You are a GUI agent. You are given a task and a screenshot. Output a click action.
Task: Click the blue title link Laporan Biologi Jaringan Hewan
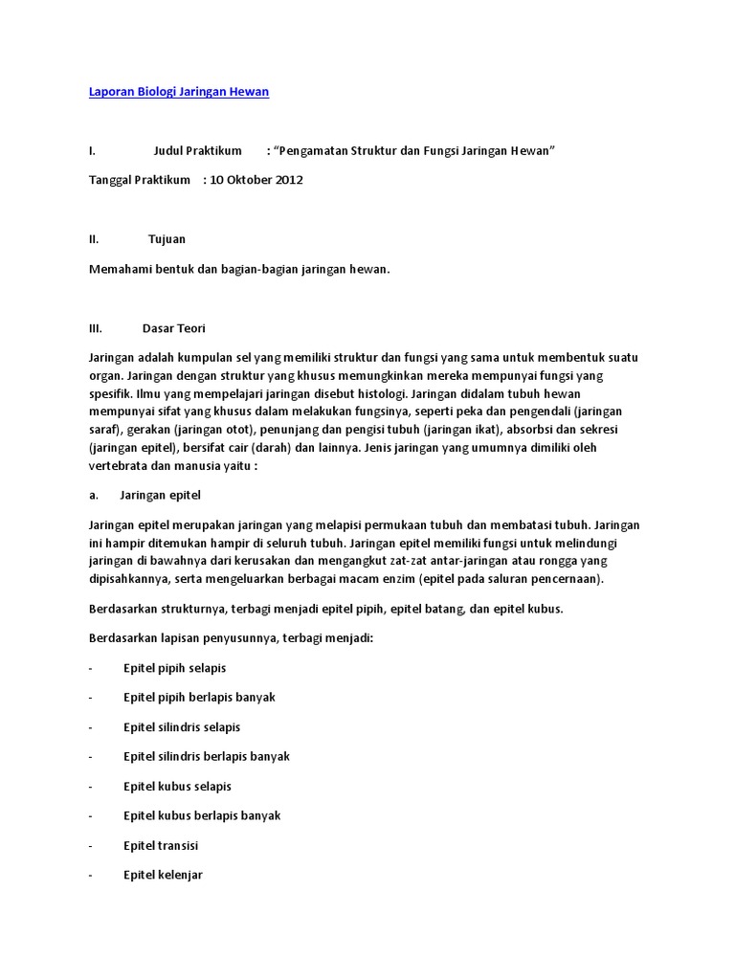pyautogui.click(x=179, y=92)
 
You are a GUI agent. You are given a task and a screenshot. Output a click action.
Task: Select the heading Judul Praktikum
pyautogui.click(x=198, y=151)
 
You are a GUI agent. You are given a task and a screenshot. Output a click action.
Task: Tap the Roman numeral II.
pyautogui.click(x=94, y=239)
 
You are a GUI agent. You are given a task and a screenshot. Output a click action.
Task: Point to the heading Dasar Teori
pyautogui.click(x=174, y=327)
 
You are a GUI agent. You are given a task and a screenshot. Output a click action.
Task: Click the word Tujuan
pyautogui.click(x=167, y=239)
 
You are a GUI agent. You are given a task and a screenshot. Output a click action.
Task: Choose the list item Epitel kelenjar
pyautogui.click(x=163, y=876)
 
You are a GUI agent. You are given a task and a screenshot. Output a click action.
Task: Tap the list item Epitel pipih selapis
pyautogui.click(x=175, y=668)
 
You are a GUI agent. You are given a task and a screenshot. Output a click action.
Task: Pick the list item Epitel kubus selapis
pyautogui.click(x=177, y=787)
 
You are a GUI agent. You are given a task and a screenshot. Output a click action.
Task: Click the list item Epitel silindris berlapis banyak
pyautogui.click(x=207, y=757)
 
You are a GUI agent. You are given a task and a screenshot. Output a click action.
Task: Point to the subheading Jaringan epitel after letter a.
pyautogui.click(x=161, y=496)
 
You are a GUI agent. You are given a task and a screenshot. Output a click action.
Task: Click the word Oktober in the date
pyautogui.click(x=247, y=180)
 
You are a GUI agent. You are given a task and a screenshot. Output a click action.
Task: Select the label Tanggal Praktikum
pyautogui.click(x=140, y=180)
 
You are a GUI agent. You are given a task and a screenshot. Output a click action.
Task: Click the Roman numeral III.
pyautogui.click(x=95, y=327)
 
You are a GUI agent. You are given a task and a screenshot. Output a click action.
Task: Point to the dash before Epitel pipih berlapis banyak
pyautogui.click(x=91, y=698)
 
